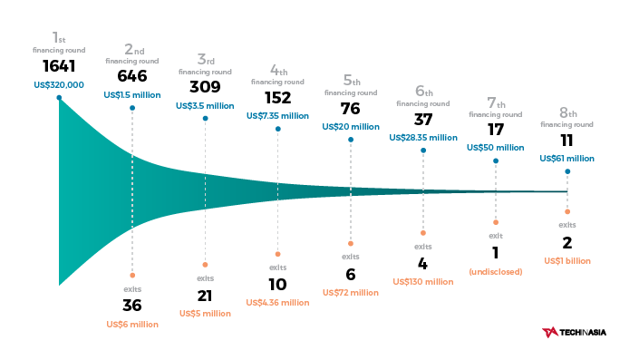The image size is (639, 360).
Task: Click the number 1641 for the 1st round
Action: (59, 66)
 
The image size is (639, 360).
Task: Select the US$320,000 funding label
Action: (59, 85)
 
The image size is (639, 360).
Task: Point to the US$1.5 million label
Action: (132, 94)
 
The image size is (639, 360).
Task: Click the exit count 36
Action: (132, 305)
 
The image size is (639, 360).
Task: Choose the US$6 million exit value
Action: (132, 324)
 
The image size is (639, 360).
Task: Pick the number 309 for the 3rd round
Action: (205, 87)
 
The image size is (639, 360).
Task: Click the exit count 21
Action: (205, 296)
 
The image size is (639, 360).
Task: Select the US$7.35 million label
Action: (277, 115)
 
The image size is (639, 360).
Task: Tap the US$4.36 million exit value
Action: (277, 302)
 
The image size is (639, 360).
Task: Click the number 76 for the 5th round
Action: (350, 108)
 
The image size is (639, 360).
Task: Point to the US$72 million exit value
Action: (350, 292)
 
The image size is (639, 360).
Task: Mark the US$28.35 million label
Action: (423, 137)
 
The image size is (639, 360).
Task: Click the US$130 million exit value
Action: (423, 281)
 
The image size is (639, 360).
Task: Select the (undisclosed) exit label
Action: (496, 271)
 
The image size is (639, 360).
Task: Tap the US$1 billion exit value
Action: (567, 260)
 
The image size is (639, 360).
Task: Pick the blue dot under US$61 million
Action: (567, 171)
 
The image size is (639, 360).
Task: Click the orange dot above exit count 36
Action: (132, 275)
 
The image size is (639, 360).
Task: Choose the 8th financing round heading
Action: (567, 118)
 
